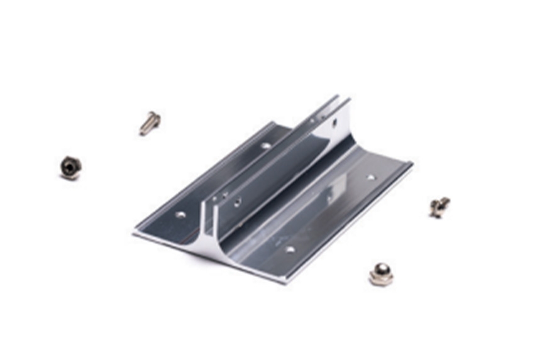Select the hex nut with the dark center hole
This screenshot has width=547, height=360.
point(70,168)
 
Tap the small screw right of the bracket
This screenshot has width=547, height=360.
point(439,206)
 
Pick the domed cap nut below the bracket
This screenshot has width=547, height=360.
point(381,274)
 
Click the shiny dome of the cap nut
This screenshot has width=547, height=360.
point(380,270)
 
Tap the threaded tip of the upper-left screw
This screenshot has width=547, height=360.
point(143,131)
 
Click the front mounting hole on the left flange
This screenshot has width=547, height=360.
point(180,214)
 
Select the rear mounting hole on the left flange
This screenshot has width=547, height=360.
point(266,146)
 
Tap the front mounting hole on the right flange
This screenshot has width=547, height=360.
point(289,249)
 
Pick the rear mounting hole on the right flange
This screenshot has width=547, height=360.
point(371,177)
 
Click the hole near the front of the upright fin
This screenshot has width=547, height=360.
point(237,202)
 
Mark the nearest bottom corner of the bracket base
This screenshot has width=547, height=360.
point(286,282)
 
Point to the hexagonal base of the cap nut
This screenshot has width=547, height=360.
point(381,280)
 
